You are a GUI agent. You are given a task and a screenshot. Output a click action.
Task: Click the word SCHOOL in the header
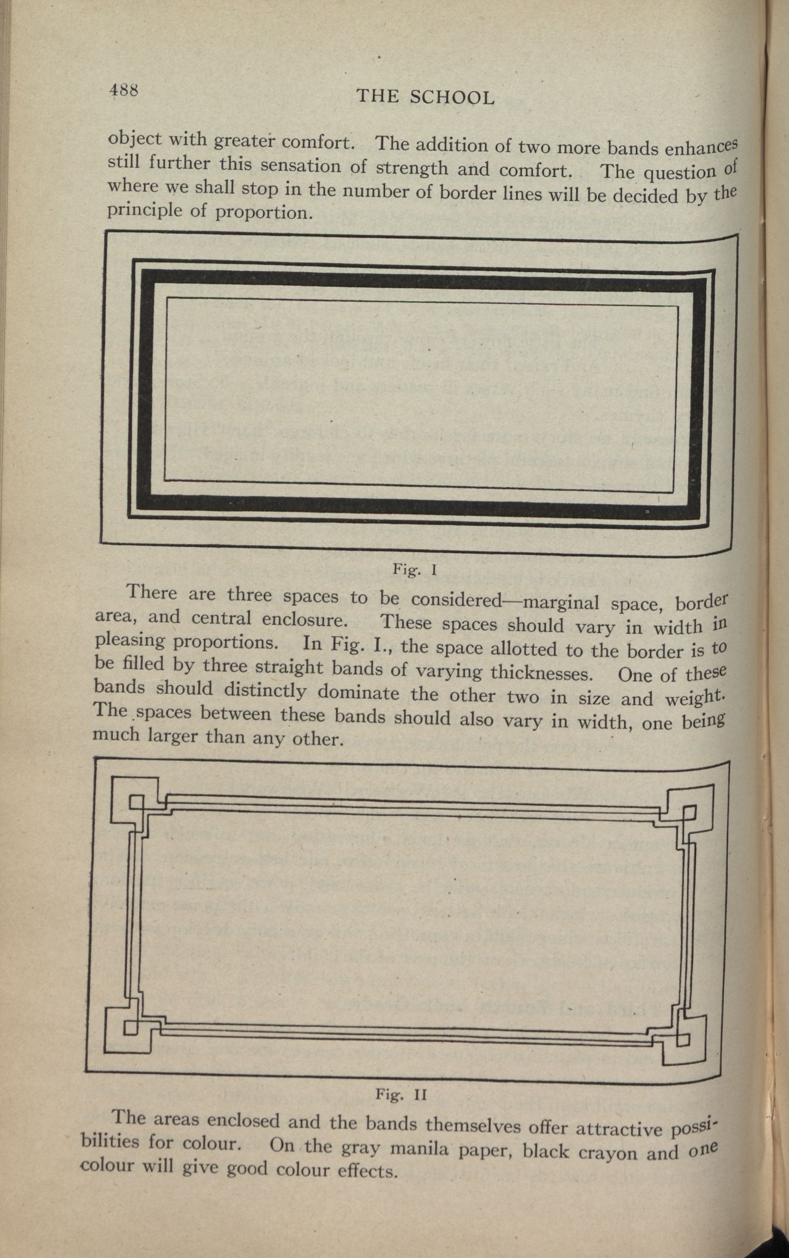(452, 98)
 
